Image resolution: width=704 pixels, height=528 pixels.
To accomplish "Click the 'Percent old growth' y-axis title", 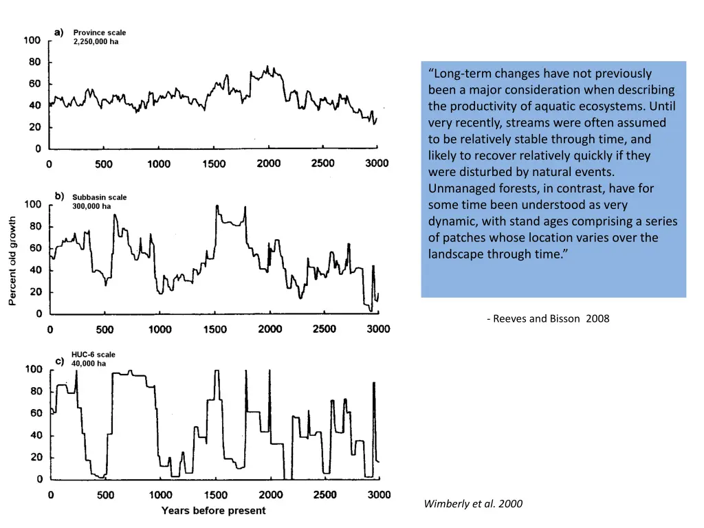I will [12, 261].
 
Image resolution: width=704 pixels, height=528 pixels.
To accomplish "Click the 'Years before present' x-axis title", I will [213, 510].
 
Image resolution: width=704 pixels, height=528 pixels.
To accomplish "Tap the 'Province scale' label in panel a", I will [100, 32].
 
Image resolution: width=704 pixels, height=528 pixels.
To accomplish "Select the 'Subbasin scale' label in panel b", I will [99, 197].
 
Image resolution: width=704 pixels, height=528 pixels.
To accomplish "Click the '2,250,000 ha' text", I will [96, 41].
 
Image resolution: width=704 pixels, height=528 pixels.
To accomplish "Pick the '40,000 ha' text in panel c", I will [89, 364].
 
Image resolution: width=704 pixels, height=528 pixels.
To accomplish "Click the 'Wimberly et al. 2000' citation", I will [473, 504].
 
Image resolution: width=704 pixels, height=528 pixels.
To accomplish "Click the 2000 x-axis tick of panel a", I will [269, 164].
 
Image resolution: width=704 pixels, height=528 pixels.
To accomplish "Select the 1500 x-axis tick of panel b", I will [214, 329].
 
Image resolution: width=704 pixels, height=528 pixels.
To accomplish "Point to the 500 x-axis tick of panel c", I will [105, 495].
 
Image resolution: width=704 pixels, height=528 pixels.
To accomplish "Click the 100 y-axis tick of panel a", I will [32, 41].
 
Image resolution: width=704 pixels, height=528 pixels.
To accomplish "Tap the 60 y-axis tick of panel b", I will [34, 248].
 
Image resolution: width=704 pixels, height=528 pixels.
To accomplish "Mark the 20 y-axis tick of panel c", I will [34, 457].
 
